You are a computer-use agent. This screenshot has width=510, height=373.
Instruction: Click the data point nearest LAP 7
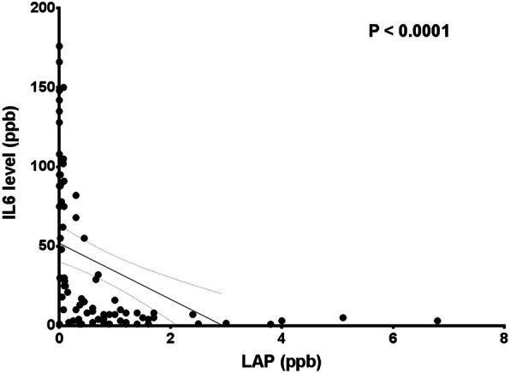pyautogui.click(x=437, y=321)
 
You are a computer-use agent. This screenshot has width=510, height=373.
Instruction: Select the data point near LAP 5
pyautogui.click(x=343, y=317)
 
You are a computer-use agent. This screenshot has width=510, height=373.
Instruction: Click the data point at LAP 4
pyautogui.click(x=282, y=321)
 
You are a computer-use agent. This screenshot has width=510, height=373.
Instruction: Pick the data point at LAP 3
pyautogui.click(x=226, y=323)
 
